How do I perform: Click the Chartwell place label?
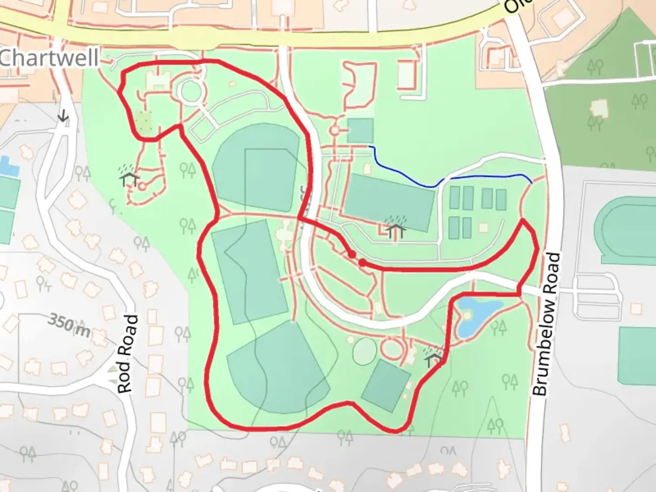tap(49, 58)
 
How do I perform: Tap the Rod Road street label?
tap(127, 354)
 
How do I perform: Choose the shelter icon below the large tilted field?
tap(396, 229)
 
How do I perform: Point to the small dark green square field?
tap(360, 131)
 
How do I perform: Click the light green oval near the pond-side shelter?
tap(364, 351)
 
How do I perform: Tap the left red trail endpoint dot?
tap(352, 255)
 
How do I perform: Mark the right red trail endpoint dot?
tap(362, 262)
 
